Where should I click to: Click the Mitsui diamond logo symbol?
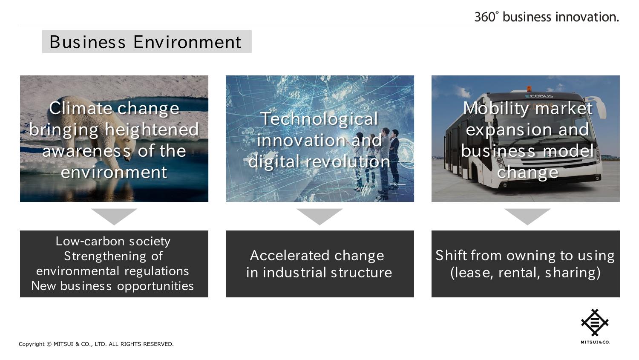point(595,323)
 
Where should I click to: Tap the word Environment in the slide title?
point(187,42)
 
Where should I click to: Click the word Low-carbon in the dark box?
point(90,241)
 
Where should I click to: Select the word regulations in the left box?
point(157,271)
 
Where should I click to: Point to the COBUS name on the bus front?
point(539,96)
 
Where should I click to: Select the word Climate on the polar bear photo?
point(82,108)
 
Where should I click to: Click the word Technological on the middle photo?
point(319,119)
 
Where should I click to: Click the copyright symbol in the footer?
point(49,344)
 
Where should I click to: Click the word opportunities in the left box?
point(155,286)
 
